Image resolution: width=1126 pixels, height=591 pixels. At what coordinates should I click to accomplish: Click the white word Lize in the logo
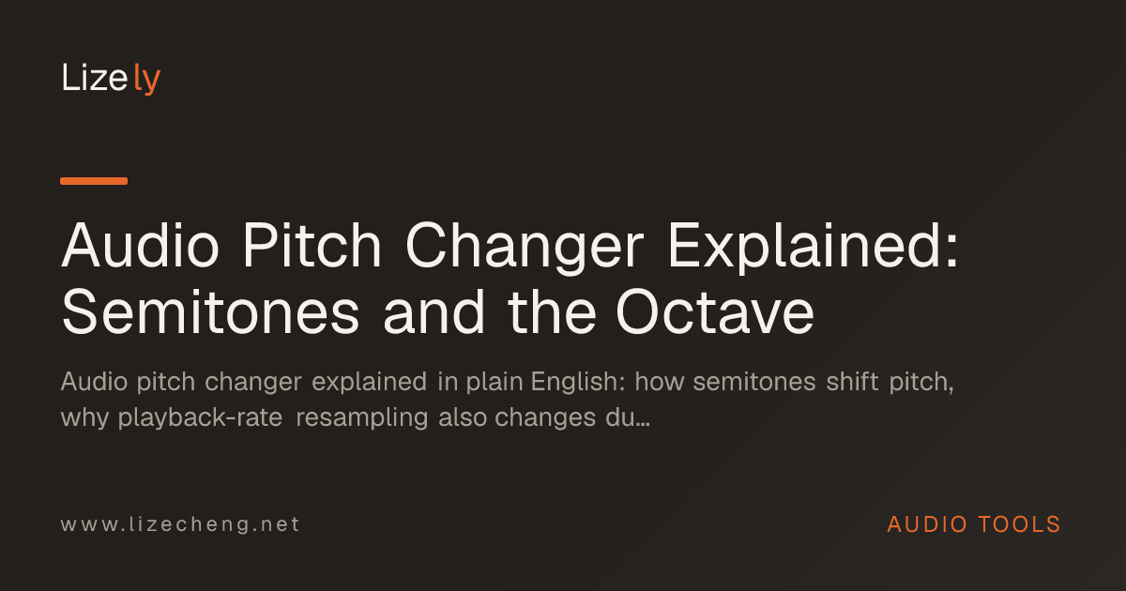[95, 77]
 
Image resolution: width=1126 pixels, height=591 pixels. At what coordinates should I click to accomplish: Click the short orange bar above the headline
[94, 181]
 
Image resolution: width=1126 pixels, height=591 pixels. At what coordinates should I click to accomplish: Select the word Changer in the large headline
[525, 248]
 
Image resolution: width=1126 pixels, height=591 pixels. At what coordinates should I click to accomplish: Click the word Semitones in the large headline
[210, 312]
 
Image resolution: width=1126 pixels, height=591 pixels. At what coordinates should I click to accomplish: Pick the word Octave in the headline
[715, 312]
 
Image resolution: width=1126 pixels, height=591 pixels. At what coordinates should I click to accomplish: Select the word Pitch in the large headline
[312, 245]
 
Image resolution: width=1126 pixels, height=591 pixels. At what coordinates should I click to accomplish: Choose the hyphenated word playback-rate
[200, 418]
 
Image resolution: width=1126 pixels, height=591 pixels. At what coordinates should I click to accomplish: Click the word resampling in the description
[362, 418]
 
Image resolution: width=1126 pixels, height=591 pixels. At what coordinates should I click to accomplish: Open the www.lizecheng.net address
[180, 524]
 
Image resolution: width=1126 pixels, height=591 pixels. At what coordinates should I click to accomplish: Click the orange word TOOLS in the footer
[1019, 524]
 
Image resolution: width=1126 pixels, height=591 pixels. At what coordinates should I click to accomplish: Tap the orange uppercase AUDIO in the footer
[927, 524]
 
